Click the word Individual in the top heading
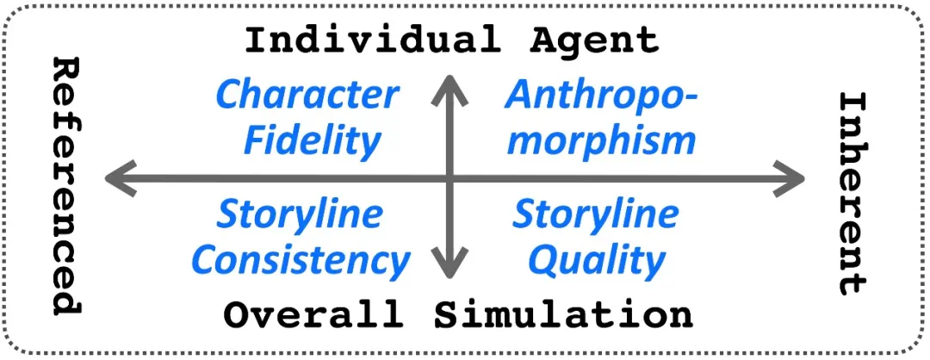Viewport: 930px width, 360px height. tap(370, 40)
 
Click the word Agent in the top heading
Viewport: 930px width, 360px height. tap(593, 40)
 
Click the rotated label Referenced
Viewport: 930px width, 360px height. tap(66, 185)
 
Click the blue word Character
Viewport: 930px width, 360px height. tap(307, 95)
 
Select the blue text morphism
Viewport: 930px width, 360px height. tap(601, 140)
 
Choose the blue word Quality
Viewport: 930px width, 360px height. tap(597, 259)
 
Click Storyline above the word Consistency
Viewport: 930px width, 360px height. tap(299, 214)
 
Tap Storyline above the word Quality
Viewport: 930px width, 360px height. tap(596, 214)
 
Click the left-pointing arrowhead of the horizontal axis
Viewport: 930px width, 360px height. tap(116, 178)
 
